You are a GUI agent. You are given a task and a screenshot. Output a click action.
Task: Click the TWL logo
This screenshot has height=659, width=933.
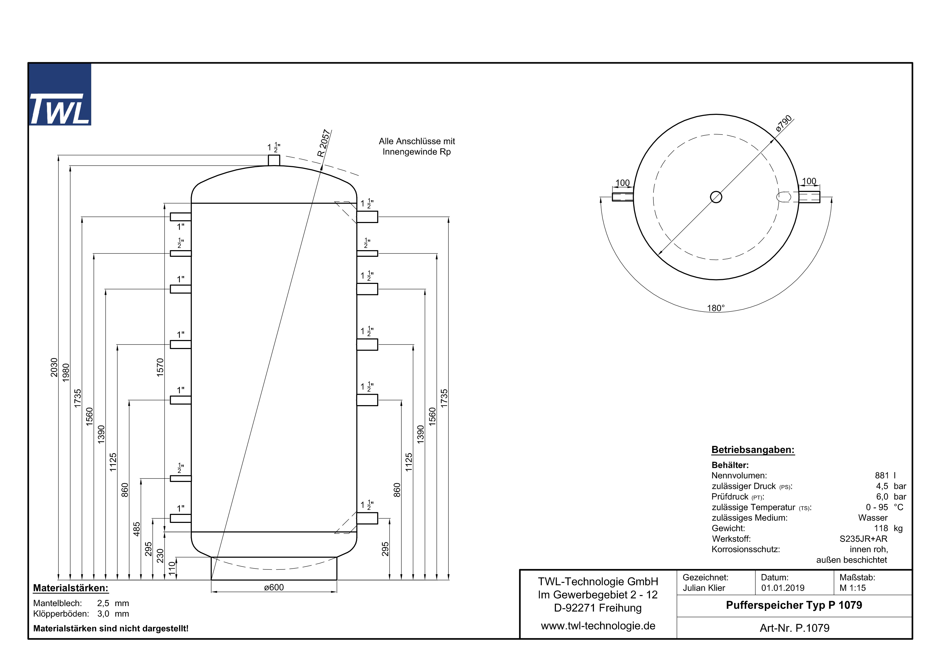pos(60,95)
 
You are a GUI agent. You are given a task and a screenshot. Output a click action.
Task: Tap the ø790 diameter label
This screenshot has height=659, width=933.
pos(784,123)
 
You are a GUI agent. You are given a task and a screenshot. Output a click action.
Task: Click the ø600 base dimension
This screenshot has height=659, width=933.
pos(274,587)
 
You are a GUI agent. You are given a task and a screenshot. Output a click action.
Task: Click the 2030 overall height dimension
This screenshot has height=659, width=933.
pos(54,367)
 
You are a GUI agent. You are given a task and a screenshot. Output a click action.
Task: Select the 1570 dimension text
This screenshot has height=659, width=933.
pos(160,367)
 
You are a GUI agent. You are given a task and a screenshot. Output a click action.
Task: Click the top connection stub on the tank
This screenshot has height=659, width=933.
pos(274,160)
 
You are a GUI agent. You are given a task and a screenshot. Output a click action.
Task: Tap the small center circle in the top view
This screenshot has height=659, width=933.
pos(716,197)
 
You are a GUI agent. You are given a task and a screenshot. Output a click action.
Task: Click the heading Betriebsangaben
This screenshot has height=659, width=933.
pos(753,450)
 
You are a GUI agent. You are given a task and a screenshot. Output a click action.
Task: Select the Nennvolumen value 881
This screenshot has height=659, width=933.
pos(882,476)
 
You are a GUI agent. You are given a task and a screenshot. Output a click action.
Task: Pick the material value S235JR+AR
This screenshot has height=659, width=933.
pos(863,539)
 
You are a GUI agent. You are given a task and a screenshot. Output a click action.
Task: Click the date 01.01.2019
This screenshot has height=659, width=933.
pos(783,588)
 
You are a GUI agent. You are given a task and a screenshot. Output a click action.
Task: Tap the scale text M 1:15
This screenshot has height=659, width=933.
pos(852,588)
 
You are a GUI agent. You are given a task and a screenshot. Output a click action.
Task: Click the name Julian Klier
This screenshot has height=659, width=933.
pos(704,588)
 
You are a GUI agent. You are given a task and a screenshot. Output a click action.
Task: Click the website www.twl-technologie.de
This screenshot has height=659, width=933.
pos(598,626)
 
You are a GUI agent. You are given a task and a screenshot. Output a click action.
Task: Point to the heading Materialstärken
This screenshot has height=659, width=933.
pos(71,588)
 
